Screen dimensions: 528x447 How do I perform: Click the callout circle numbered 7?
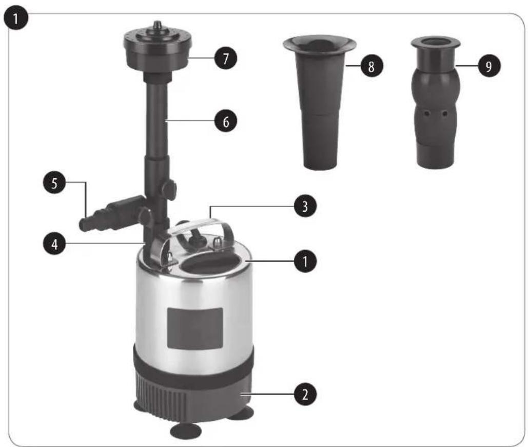tap(226, 59)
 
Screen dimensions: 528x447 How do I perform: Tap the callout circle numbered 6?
tap(226, 121)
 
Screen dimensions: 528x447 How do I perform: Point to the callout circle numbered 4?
tap(54, 244)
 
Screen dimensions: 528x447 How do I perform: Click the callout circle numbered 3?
tap(305, 206)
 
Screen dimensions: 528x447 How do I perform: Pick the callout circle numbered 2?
tap(305, 394)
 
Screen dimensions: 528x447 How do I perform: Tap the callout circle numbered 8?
tap(371, 66)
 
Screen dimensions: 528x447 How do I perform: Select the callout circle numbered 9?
tap(489, 66)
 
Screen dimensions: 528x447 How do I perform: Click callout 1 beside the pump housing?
tap(305, 261)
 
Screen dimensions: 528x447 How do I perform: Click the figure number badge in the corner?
tap(15, 18)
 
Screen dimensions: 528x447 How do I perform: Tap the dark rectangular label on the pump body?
tap(195, 328)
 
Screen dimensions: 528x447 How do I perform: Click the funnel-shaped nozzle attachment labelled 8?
tap(319, 101)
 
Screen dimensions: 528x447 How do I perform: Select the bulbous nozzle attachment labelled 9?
tap(436, 102)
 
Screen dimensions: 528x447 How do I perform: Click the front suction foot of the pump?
tap(186, 432)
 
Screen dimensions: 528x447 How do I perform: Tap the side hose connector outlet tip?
tap(84, 225)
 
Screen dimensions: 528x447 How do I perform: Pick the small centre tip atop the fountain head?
tap(157, 25)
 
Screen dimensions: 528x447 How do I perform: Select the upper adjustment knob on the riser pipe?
tap(169, 189)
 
